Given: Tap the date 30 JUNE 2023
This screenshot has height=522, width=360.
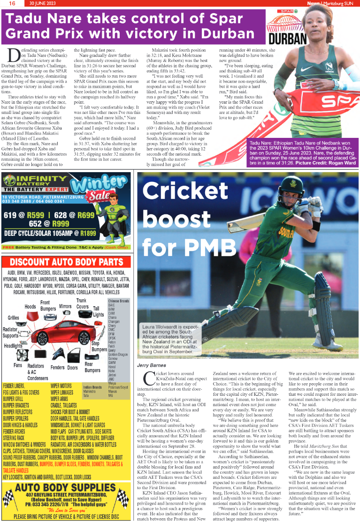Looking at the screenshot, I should coord(43,3).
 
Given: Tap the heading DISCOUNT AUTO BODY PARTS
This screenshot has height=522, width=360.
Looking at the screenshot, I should coord(66,262).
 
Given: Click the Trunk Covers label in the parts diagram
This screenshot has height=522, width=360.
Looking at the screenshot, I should coord(82,303).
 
